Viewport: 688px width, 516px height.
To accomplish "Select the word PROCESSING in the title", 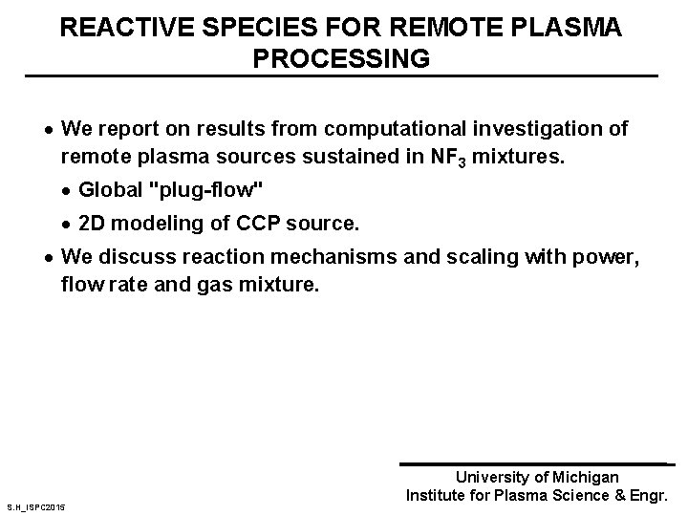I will tap(341, 58).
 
